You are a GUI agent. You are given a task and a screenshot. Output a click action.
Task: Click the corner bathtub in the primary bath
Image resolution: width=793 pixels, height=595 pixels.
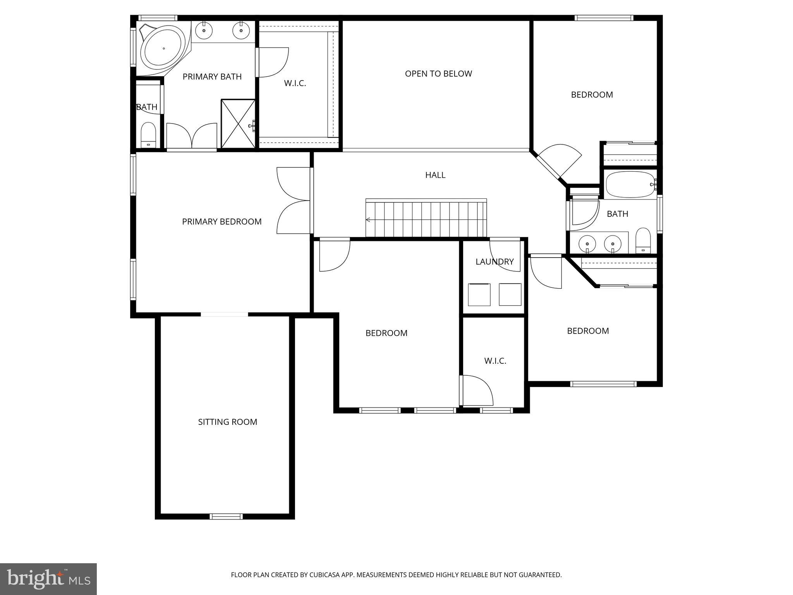point(163,49)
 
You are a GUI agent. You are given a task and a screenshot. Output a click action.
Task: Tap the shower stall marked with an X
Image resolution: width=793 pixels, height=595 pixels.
point(238,124)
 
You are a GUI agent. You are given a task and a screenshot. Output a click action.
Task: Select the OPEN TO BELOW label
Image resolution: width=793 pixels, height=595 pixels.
point(438,74)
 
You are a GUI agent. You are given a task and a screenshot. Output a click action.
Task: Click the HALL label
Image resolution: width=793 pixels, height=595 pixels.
point(435,175)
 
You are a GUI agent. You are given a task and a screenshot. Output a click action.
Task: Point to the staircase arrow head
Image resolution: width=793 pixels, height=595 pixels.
point(368,220)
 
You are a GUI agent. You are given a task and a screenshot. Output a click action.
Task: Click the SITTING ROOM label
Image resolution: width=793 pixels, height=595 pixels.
point(227,422)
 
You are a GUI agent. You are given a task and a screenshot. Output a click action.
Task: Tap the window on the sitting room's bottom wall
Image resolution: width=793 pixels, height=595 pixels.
point(226,516)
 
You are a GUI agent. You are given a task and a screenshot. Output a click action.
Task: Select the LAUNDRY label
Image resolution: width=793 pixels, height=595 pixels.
point(494,261)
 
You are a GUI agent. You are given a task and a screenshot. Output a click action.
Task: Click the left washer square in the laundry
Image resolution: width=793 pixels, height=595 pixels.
point(479,294)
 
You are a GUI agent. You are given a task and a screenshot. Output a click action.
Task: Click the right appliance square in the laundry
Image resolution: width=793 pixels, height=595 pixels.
point(510,294)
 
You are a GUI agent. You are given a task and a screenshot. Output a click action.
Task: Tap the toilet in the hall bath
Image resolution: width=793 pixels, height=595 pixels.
point(643,240)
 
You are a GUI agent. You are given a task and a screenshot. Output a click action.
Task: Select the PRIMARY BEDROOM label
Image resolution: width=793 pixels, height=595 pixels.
point(222,222)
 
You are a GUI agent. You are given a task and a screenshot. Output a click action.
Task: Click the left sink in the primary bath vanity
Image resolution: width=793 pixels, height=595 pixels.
point(204,30)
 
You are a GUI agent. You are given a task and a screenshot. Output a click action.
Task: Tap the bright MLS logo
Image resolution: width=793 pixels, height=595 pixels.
point(48,579)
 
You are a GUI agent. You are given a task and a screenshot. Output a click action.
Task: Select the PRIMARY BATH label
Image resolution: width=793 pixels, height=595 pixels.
point(212,77)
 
